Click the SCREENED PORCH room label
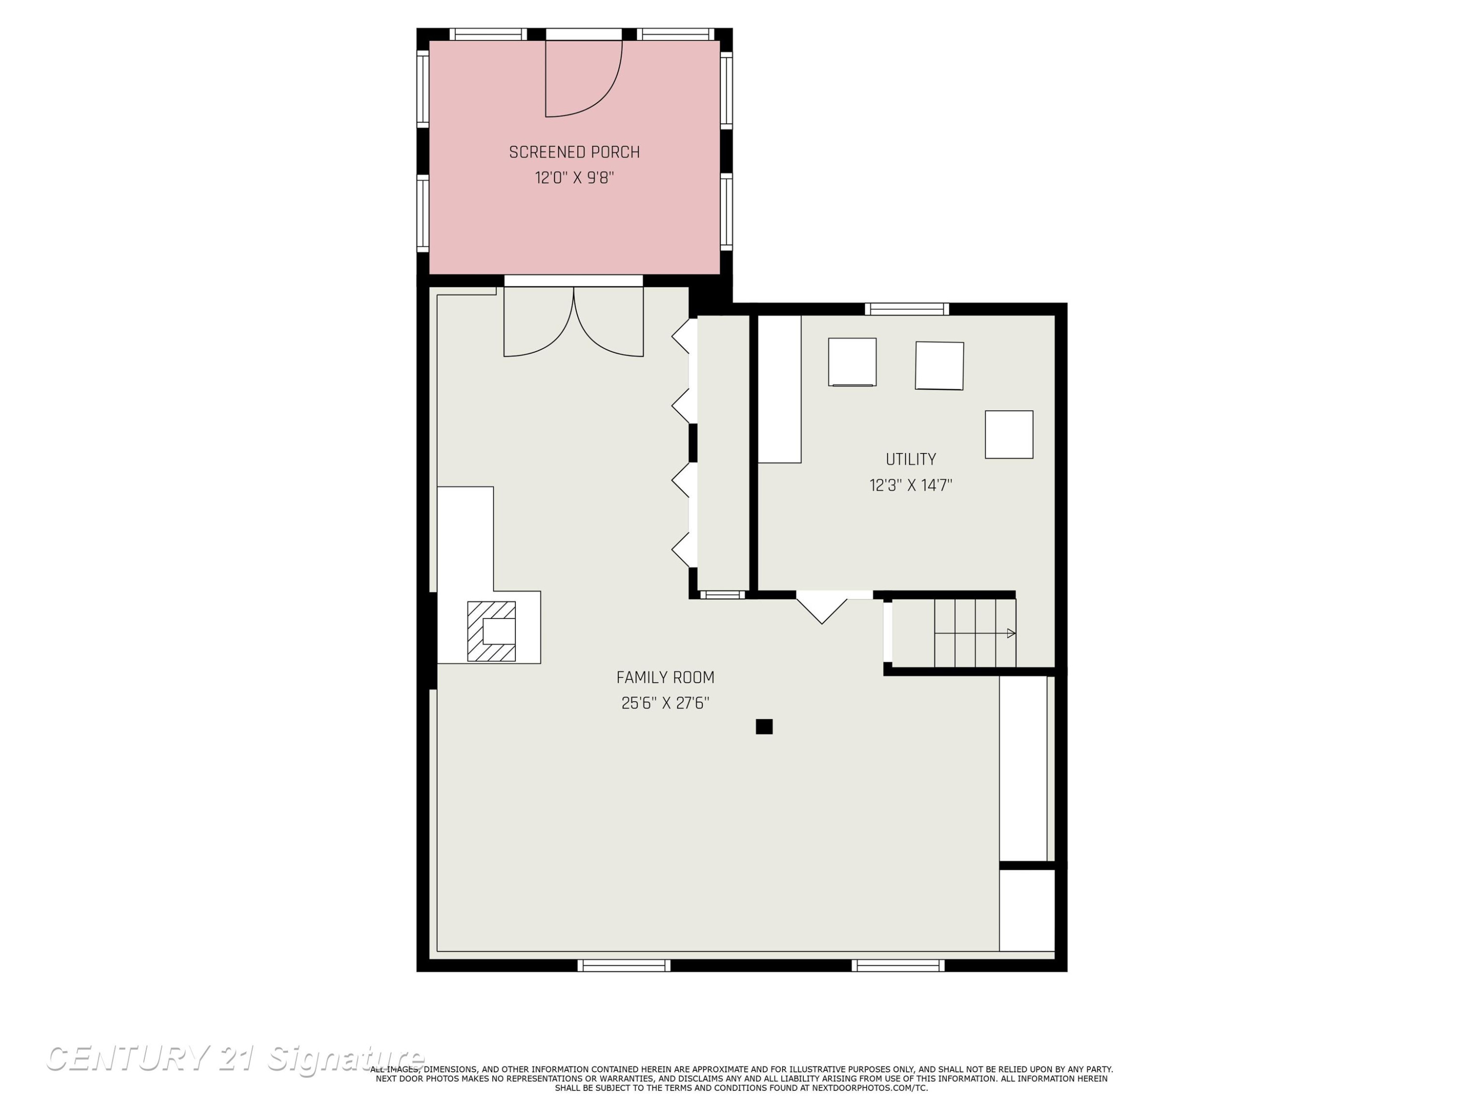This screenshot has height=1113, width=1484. pyautogui.click(x=574, y=152)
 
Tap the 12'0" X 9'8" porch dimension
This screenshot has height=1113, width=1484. pyautogui.click(x=574, y=178)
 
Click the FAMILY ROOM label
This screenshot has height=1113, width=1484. pyautogui.click(x=665, y=678)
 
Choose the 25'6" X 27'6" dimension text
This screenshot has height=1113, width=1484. pyautogui.click(x=665, y=703)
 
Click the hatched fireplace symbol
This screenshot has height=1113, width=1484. pyautogui.click(x=491, y=631)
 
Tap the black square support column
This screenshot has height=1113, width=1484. pyautogui.click(x=764, y=727)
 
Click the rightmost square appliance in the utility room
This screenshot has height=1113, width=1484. pyautogui.click(x=1009, y=435)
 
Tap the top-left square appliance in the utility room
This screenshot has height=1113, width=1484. pyautogui.click(x=852, y=362)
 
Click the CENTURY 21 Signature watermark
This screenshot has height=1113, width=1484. pyautogui.click(x=235, y=1058)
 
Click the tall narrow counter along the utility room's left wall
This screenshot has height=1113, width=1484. pyautogui.click(x=780, y=389)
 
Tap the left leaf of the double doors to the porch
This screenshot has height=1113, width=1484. pyautogui.click(x=539, y=322)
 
